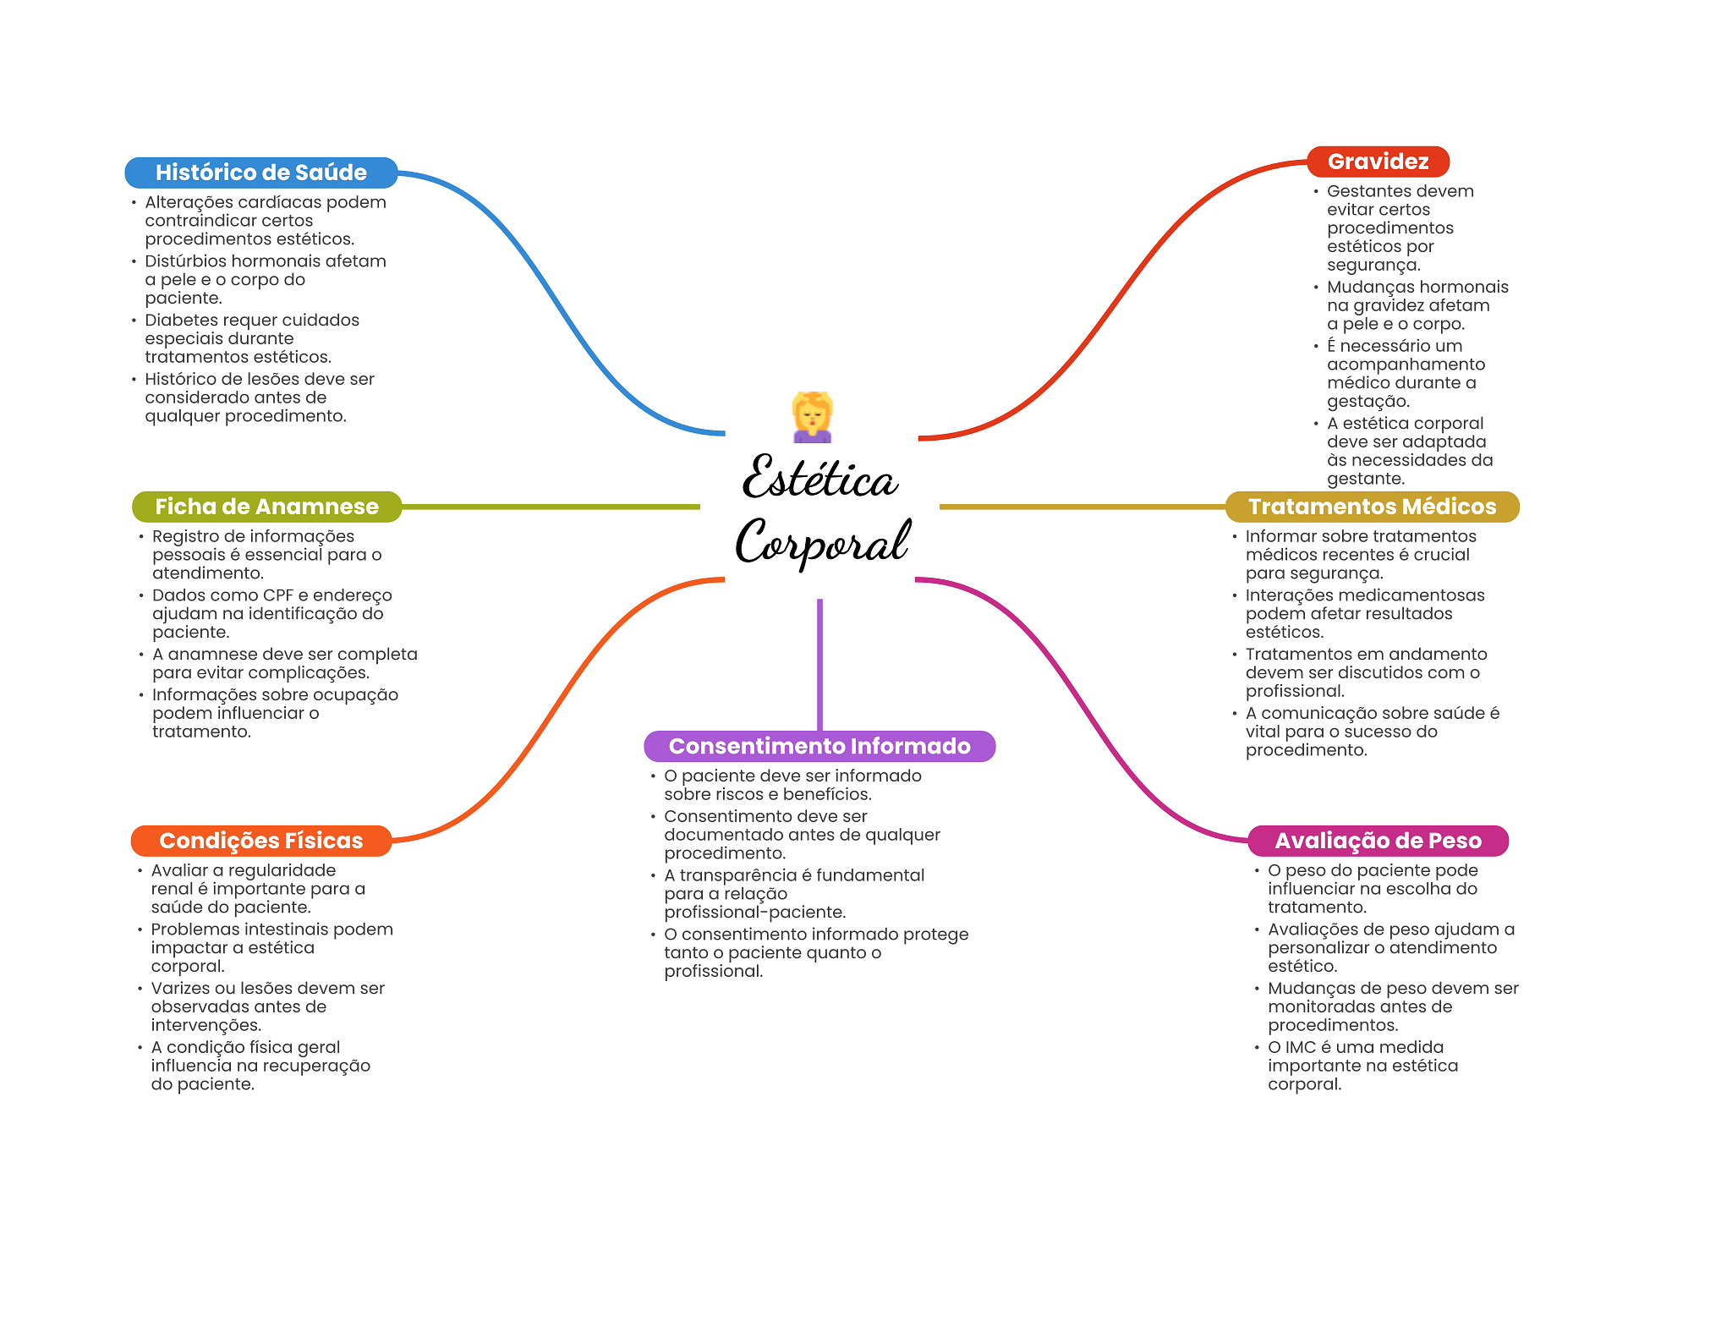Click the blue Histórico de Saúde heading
click(261, 173)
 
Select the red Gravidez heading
click(1378, 162)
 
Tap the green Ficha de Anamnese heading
click(266, 507)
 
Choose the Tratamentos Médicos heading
click(1372, 507)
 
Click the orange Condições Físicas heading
click(261, 841)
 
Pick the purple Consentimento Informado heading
click(819, 746)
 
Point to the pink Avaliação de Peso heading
click(1378, 841)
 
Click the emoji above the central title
click(813, 417)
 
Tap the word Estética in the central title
click(819, 477)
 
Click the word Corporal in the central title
click(823, 541)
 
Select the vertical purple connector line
click(819, 665)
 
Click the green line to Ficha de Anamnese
click(551, 507)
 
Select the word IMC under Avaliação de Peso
click(1301, 1047)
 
